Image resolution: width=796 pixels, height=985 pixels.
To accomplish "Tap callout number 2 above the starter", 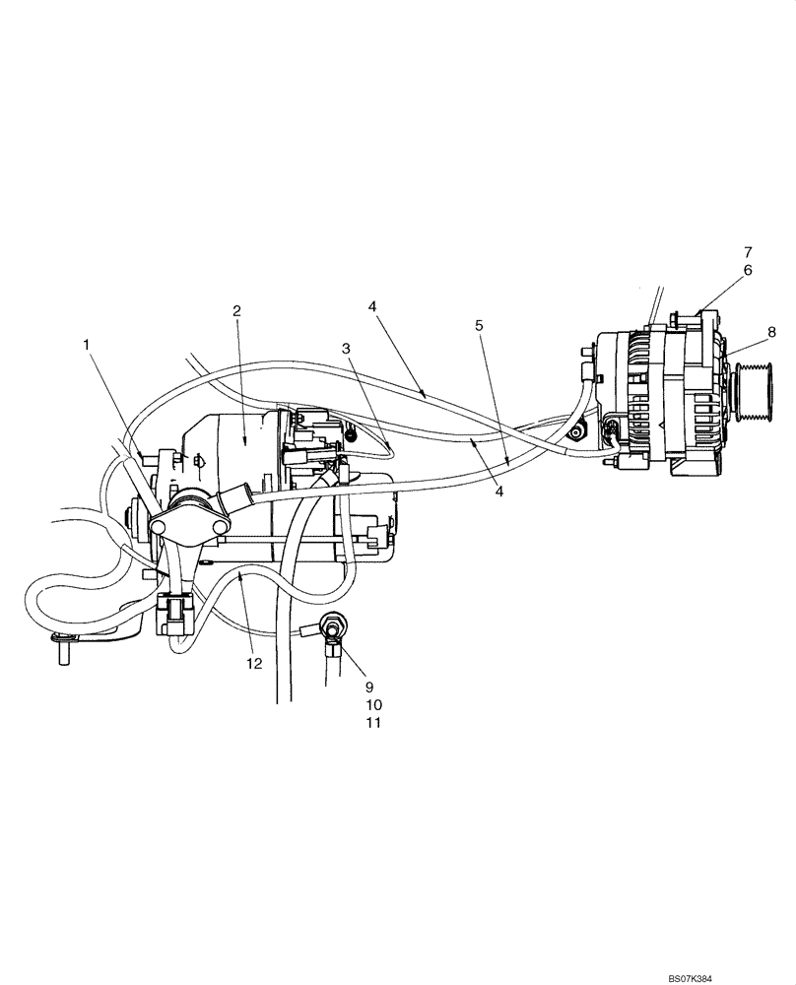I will [x=236, y=310].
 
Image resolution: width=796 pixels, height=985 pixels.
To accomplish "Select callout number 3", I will [x=346, y=348].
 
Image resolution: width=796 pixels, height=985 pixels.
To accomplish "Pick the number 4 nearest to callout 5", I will [x=499, y=492].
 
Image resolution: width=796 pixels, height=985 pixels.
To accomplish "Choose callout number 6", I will [x=747, y=269].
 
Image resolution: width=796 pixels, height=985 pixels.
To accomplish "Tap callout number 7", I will [x=747, y=251].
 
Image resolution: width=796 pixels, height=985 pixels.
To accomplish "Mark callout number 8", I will [x=771, y=332].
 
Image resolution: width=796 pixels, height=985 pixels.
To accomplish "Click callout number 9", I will [x=369, y=686].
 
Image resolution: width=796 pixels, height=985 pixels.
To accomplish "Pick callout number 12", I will [x=254, y=663].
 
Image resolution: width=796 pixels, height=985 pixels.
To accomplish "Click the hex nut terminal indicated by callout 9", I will [x=330, y=626].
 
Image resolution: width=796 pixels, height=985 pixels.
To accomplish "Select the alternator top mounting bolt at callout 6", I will [x=678, y=317].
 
